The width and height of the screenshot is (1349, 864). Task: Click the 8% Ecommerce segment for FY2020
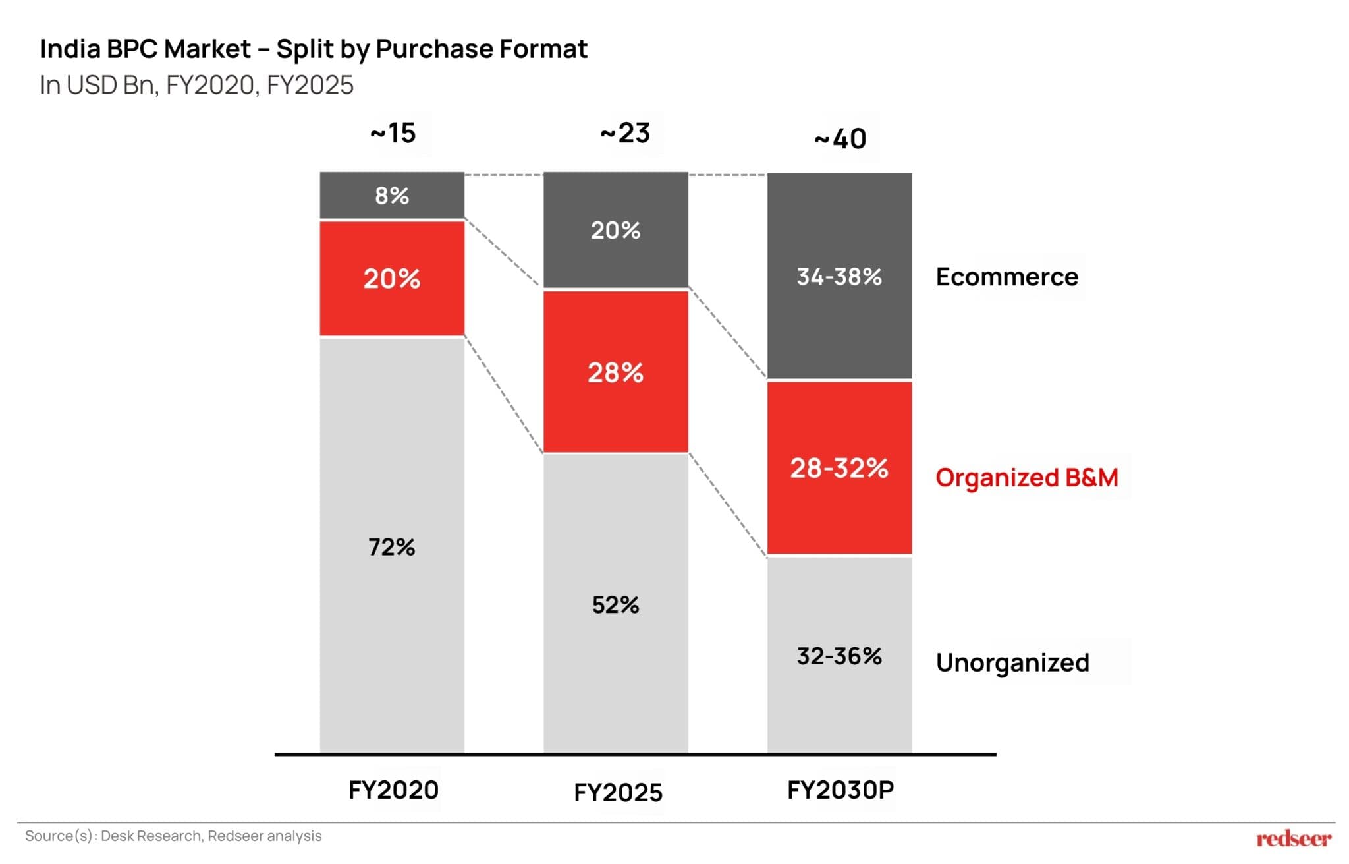(x=392, y=196)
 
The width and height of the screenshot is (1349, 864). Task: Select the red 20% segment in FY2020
(x=392, y=279)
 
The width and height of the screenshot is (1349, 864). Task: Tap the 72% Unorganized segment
(x=392, y=546)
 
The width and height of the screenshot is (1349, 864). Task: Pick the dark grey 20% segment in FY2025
(x=615, y=230)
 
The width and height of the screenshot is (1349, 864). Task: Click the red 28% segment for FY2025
(x=615, y=372)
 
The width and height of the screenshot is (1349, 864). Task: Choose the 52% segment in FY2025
(x=615, y=604)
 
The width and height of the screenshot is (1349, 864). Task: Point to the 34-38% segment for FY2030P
(x=839, y=276)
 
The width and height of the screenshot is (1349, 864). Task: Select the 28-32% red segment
(x=839, y=468)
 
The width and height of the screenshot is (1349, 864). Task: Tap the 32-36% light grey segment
(x=839, y=656)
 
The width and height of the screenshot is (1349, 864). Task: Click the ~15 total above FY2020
(x=393, y=133)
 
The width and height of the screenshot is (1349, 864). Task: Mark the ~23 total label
(x=625, y=133)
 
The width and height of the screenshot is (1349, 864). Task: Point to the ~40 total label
(x=840, y=139)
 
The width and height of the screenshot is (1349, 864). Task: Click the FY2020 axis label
(x=393, y=790)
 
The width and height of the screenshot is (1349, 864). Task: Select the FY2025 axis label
(x=618, y=792)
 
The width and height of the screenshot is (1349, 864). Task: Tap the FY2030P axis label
(x=840, y=790)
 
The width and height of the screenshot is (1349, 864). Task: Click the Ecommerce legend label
(x=1006, y=277)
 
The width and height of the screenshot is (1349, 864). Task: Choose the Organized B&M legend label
(x=1026, y=477)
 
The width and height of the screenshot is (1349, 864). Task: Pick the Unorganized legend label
(x=1012, y=662)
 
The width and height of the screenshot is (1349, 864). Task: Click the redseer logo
(x=1294, y=838)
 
